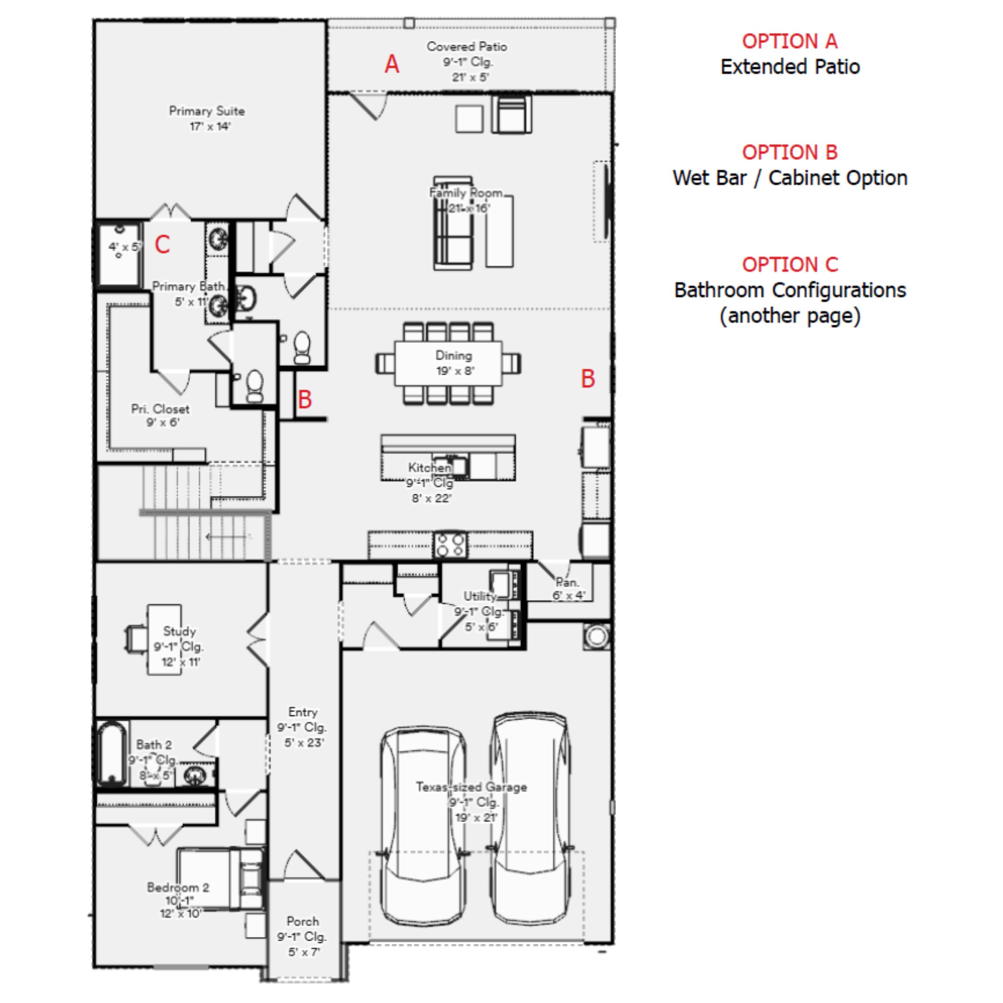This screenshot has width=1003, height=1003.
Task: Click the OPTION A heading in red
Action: (789, 41)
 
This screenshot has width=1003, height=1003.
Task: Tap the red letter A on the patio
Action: (392, 64)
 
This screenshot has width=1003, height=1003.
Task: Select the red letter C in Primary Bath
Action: (162, 244)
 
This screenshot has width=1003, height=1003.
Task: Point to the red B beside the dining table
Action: (587, 379)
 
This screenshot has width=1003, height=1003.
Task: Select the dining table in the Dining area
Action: (448, 363)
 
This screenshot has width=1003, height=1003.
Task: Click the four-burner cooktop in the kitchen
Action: (450, 545)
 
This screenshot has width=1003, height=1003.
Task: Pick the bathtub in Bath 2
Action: (111, 752)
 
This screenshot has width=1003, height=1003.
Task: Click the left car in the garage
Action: (422, 825)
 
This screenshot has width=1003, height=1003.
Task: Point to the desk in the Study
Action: (164, 639)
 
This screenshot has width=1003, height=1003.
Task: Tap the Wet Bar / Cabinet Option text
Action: (789, 178)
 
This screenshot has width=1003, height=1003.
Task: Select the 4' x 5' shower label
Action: (124, 247)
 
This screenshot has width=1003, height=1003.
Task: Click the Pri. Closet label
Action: (160, 415)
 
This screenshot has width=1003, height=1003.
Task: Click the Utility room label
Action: (480, 596)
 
